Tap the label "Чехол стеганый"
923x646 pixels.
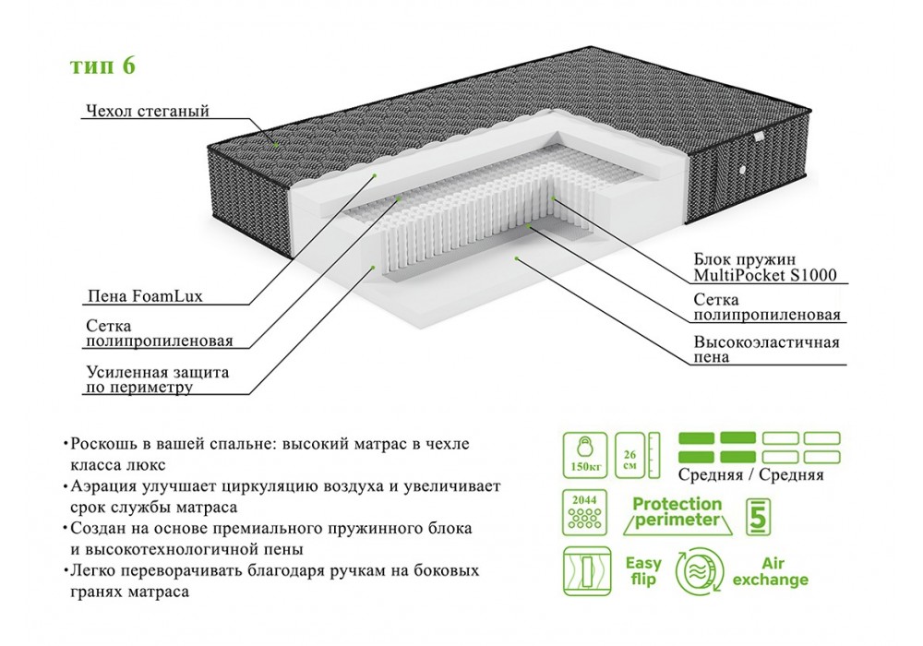click(147, 112)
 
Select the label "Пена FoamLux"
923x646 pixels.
click(144, 297)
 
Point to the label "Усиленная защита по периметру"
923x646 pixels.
click(156, 380)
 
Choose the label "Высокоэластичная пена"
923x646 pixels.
click(766, 350)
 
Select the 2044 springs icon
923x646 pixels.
click(585, 515)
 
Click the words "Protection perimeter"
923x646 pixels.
click(677, 512)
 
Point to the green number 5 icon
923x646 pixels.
click(758, 515)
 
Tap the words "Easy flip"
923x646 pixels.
click(643, 570)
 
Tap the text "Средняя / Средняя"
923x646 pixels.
click(750, 475)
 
